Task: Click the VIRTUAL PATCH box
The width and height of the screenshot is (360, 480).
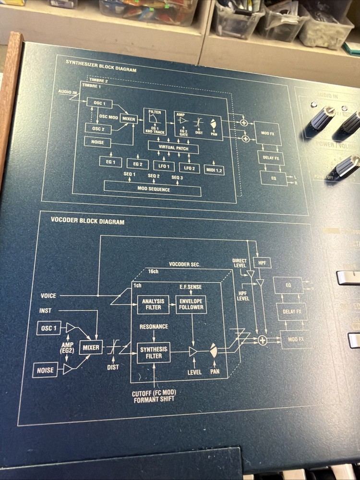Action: [x=174, y=148]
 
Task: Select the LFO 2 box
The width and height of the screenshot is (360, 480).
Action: [x=190, y=167]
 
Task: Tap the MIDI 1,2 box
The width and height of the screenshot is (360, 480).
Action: [x=214, y=169]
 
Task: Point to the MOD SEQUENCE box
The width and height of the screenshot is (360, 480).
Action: [x=153, y=189]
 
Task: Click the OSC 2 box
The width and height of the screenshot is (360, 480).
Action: [x=95, y=128]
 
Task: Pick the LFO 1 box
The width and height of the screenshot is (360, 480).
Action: [x=164, y=166]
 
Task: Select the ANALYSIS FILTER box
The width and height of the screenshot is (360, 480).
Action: [x=154, y=304]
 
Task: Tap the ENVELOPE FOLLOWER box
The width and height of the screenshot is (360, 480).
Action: [x=191, y=304]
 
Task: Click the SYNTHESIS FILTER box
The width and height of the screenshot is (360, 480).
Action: [x=154, y=353]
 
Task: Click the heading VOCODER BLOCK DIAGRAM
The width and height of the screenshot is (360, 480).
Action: [x=87, y=222]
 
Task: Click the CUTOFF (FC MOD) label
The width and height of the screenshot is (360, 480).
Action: [x=154, y=394]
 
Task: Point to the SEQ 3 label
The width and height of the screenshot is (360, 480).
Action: [x=177, y=178]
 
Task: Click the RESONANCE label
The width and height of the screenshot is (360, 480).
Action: [x=154, y=327]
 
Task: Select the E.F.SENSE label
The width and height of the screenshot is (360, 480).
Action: [x=191, y=287]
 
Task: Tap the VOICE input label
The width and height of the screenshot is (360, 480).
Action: [x=48, y=296]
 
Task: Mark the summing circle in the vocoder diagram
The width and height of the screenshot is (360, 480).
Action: [x=262, y=340]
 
